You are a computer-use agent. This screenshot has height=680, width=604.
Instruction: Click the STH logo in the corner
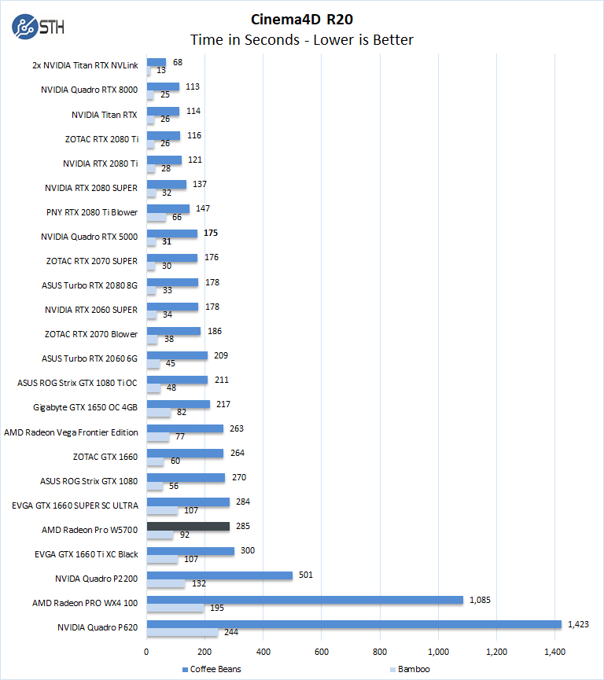coord(39,27)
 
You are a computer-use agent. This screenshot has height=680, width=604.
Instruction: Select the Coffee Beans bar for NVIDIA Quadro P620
coord(354,624)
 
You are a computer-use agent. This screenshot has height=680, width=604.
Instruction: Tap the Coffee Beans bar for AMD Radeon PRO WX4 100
coord(304,600)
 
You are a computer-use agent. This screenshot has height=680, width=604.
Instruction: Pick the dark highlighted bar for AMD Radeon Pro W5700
coord(188,526)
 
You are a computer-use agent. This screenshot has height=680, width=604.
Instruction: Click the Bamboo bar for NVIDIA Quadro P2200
coord(166,583)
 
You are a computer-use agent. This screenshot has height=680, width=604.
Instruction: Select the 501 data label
coord(305,575)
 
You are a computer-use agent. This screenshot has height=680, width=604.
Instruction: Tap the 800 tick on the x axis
coord(380,651)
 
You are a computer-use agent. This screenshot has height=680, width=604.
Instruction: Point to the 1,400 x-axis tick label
coord(555,651)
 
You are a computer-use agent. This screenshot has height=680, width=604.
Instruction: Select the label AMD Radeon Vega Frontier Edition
coord(71,432)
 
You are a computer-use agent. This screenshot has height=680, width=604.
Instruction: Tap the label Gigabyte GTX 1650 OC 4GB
coord(86,407)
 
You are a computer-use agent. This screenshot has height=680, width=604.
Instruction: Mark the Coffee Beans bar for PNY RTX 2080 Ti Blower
coord(168,209)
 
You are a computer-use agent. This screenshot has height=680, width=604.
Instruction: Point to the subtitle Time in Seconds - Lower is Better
coord(302,39)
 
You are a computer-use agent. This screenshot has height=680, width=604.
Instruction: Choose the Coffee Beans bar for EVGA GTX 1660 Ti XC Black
coord(190,550)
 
